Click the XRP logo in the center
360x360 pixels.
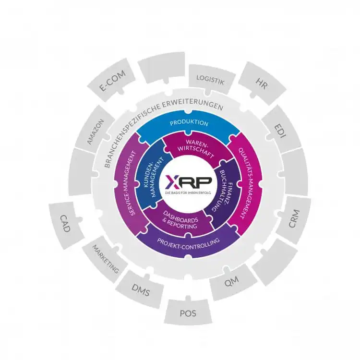point(188,181)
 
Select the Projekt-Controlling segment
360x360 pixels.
point(188,243)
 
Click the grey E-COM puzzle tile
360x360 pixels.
point(112,80)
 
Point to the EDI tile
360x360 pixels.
point(281,131)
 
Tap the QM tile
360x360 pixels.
point(232,282)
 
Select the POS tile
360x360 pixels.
point(188,312)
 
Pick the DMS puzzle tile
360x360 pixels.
point(141,290)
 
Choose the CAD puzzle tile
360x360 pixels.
point(66,224)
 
